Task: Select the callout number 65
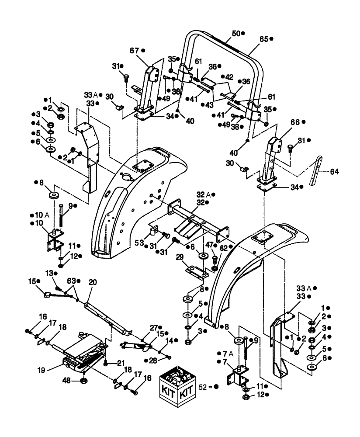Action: pyautogui.click(x=263, y=39)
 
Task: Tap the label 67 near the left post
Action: pyautogui.click(x=134, y=50)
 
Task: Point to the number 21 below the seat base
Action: pyautogui.click(x=120, y=362)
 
